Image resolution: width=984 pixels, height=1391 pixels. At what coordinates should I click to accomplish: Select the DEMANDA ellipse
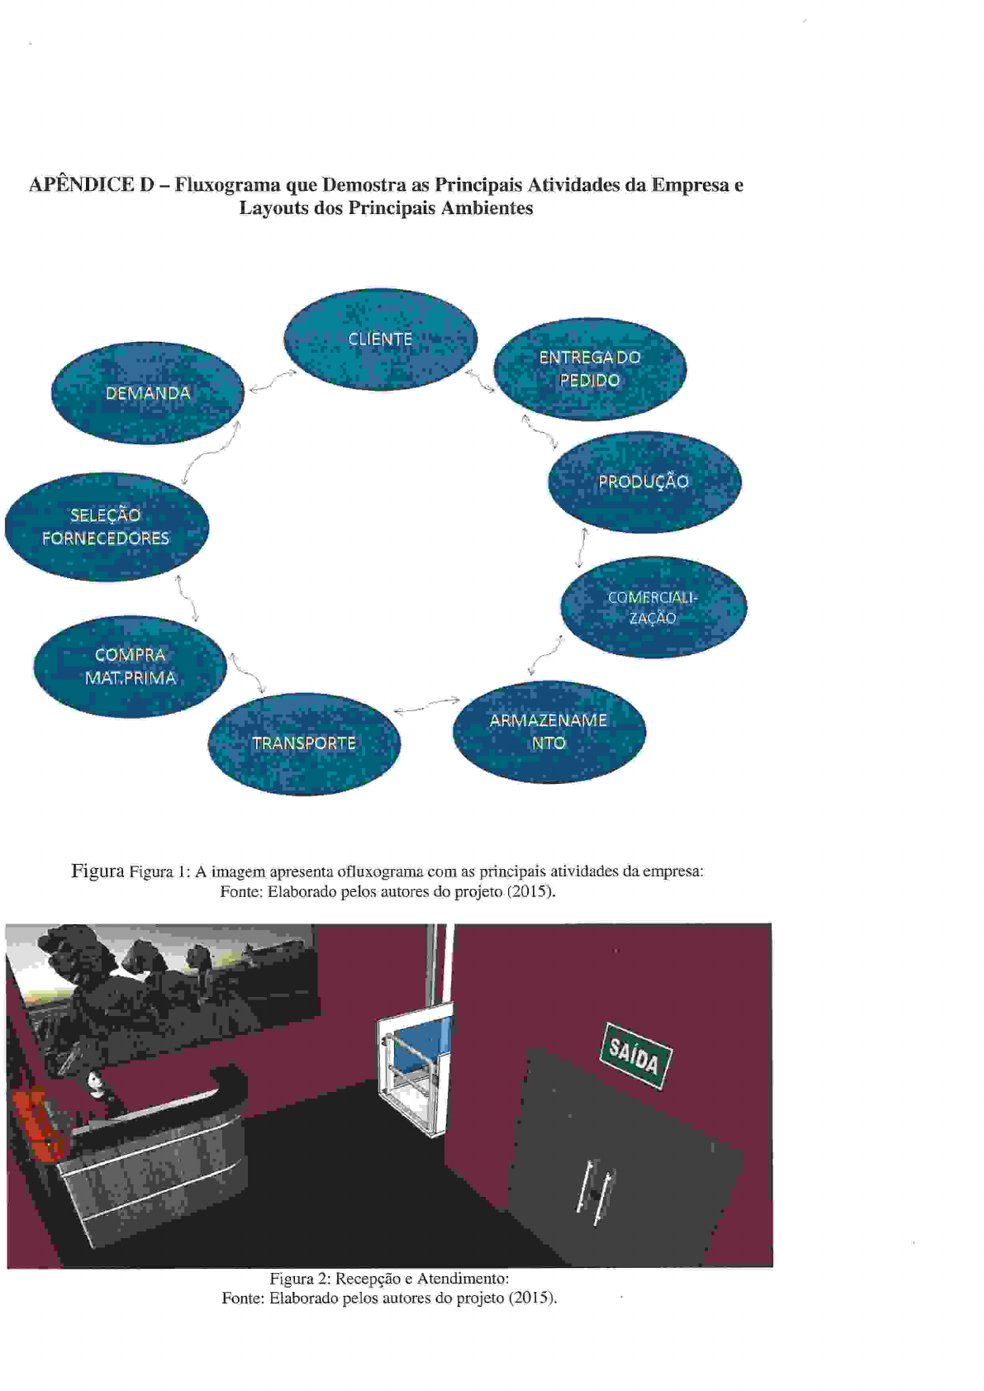(x=148, y=393)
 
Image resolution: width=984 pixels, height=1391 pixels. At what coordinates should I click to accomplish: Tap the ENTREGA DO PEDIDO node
(x=590, y=369)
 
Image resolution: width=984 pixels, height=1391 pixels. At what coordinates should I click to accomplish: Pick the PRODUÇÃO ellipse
(x=644, y=482)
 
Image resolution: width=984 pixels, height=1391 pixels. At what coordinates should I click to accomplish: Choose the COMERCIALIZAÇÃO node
(x=654, y=607)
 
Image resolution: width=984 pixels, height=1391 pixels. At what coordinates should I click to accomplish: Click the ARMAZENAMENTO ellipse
(x=549, y=732)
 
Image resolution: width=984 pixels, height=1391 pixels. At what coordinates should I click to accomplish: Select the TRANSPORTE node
(x=304, y=743)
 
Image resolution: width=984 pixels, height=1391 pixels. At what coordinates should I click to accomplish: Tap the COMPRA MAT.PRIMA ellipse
(x=130, y=666)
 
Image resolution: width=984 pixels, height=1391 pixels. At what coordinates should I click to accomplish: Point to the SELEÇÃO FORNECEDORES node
(x=106, y=526)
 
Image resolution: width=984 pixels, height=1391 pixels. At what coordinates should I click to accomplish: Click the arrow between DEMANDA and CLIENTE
(x=272, y=382)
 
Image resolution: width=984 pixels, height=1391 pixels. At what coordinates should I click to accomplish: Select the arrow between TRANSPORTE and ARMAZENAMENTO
(x=426, y=705)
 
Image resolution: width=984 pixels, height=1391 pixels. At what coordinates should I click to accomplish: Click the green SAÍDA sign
(x=635, y=1056)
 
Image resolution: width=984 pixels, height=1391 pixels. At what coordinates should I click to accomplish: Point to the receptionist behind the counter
(x=98, y=1090)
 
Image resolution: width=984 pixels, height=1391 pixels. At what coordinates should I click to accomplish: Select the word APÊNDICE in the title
(x=81, y=185)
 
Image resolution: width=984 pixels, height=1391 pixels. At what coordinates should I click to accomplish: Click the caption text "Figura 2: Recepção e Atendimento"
(x=388, y=1279)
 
